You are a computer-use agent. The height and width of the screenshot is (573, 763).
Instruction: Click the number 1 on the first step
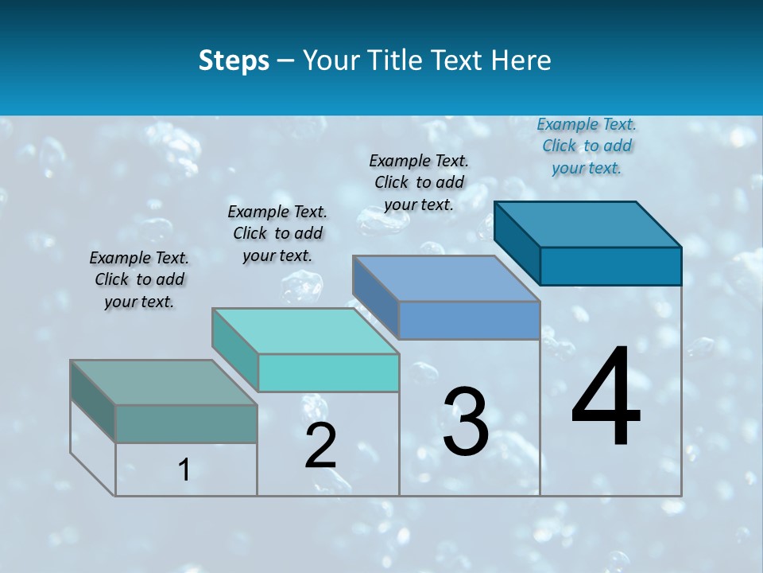[x=184, y=470]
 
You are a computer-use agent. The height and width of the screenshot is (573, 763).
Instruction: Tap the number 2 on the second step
[x=320, y=446]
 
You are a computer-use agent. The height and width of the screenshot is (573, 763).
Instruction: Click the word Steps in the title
[x=234, y=60]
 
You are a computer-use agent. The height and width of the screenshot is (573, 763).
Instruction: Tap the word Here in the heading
[x=521, y=60]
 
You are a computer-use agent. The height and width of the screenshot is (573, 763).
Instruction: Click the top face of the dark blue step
[x=588, y=224]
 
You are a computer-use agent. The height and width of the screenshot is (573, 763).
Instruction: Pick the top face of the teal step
[x=305, y=331]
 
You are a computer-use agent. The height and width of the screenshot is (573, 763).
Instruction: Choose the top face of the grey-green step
[x=164, y=383]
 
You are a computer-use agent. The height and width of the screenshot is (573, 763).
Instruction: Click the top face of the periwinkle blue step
[x=447, y=279]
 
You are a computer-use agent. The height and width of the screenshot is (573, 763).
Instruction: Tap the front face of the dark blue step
[x=610, y=266]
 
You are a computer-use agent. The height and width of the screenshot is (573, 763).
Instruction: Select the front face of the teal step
[x=328, y=372]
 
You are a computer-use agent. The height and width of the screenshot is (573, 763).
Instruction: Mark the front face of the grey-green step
[x=186, y=423]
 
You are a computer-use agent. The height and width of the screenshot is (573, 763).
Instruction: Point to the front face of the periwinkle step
[x=469, y=320]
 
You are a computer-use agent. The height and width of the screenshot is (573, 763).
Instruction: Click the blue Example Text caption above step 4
[x=587, y=146]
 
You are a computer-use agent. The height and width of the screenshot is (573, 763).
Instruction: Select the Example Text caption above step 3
[x=419, y=182]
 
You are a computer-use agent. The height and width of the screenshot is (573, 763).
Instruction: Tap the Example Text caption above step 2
[x=277, y=233]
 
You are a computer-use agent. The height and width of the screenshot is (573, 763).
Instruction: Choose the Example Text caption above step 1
[x=139, y=279]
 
